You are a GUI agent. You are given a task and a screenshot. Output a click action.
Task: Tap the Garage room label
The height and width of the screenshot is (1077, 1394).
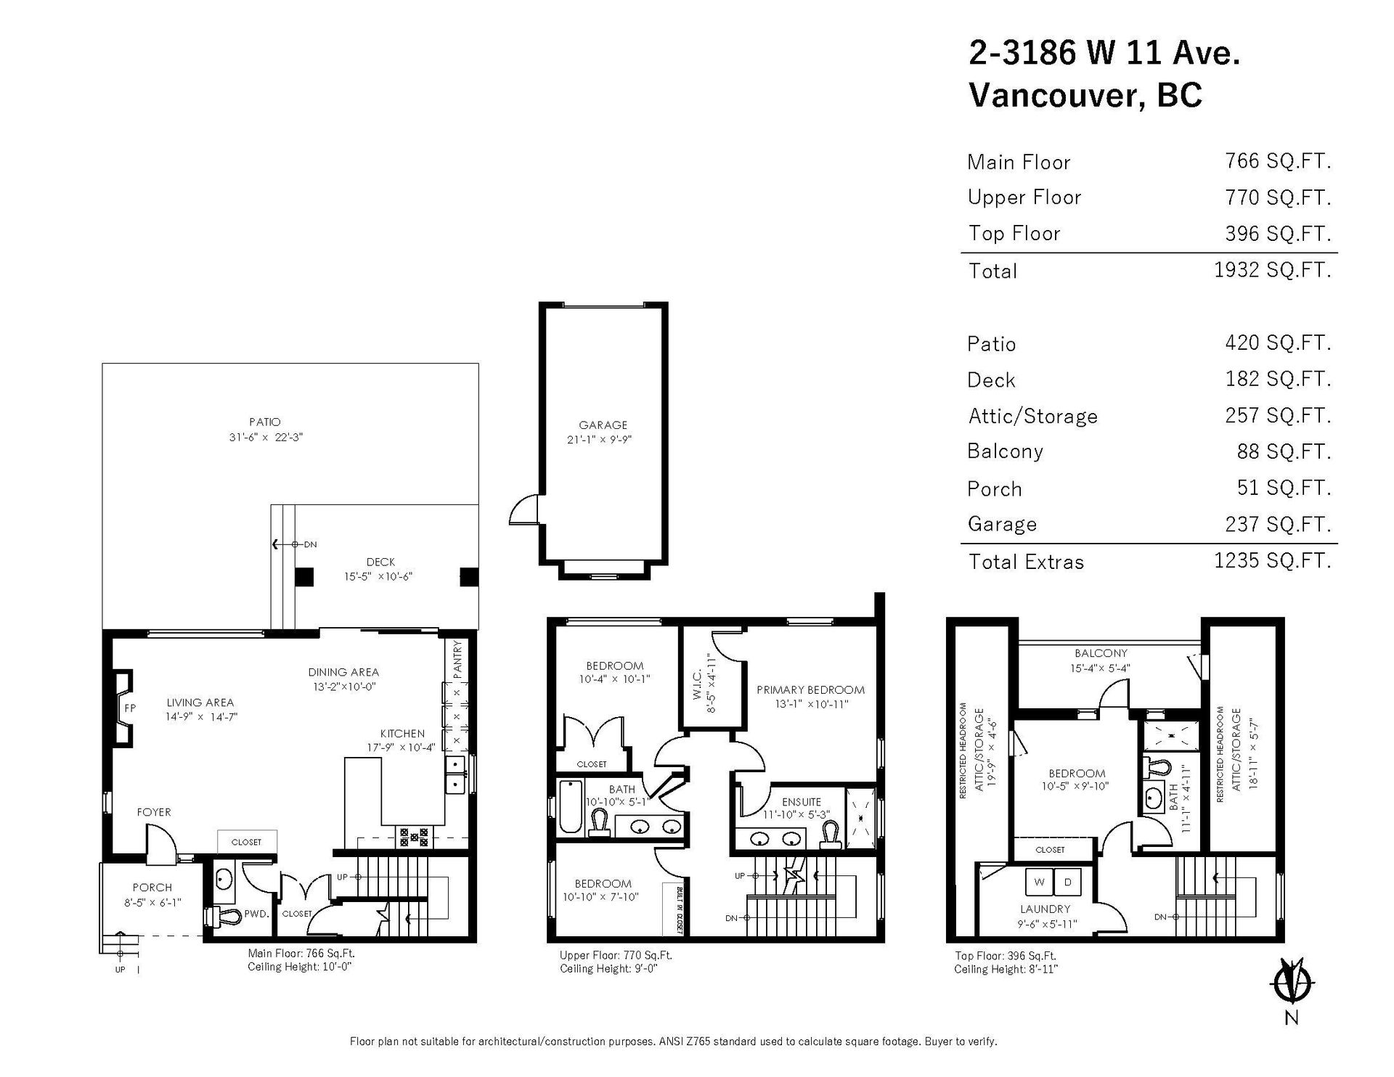tap(603, 425)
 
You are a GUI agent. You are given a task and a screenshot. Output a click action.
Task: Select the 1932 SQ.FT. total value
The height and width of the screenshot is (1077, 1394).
tap(1273, 270)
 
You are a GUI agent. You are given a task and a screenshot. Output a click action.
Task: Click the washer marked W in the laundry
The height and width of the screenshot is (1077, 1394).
tap(1039, 883)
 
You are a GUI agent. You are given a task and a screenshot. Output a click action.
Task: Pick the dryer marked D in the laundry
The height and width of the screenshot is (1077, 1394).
tap(1067, 883)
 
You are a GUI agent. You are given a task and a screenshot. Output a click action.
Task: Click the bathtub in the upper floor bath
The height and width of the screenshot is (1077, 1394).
tap(570, 806)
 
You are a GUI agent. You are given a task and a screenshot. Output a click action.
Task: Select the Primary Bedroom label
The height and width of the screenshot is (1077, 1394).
tap(810, 690)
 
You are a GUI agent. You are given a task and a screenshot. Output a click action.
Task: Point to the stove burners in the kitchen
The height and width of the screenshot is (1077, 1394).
tap(414, 838)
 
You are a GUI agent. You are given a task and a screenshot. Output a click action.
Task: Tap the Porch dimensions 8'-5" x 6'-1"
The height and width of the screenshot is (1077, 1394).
tap(152, 903)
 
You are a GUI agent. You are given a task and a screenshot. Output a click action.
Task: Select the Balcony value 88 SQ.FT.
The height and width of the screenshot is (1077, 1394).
tap(1284, 451)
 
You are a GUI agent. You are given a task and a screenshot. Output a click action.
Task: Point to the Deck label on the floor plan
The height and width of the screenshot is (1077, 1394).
tap(380, 562)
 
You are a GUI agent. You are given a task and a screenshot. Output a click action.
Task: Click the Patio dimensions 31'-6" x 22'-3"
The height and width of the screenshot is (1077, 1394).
tap(265, 438)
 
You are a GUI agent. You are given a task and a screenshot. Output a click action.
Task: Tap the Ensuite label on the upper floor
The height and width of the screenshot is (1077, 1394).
tap(802, 802)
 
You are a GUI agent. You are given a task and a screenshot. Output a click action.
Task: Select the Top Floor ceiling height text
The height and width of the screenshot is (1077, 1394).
tap(1006, 970)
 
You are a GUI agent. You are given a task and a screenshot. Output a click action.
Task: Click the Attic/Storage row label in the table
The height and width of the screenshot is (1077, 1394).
tap(1032, 416)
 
